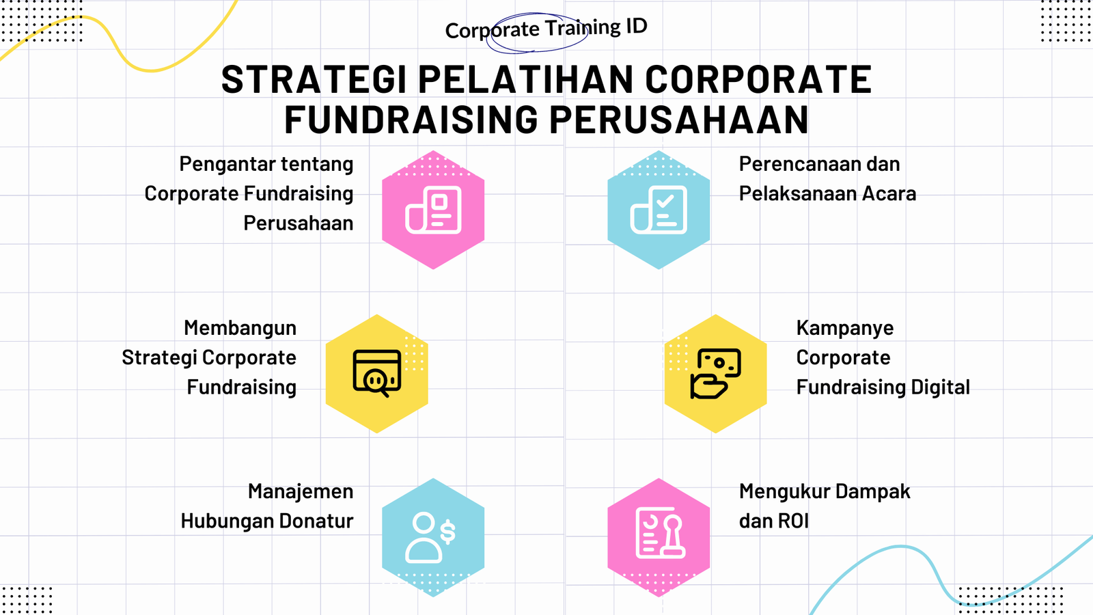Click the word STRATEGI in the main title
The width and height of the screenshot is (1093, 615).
pyautogui.click(x=314, y=79)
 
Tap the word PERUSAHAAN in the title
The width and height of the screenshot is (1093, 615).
pyautogui.click(x=679, y=120)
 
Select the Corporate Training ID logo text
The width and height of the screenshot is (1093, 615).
pyautogui.click(x=546, y=29)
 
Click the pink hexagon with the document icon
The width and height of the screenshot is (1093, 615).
pyautogui.click(x=433, y=210)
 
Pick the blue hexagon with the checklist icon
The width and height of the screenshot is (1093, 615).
pyautogui.click(x=659, y=210)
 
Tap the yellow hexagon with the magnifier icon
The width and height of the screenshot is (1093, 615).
pyautogui.click(x=376, y=374)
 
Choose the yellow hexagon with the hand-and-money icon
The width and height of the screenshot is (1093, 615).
pyautogui.click(x=715, y=374)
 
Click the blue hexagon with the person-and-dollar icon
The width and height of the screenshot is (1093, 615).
pyautogui.click(x=433, y=537)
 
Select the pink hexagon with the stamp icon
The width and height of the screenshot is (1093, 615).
pyautogui.click(x=659, y=537)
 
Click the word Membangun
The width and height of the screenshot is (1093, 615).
pyautogui.click(x=240, y=329)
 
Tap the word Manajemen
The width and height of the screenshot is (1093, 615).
pyautogui.click(x=301, y=492)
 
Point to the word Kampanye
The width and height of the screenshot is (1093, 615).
pyautogui.click(x=844, y=329)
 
